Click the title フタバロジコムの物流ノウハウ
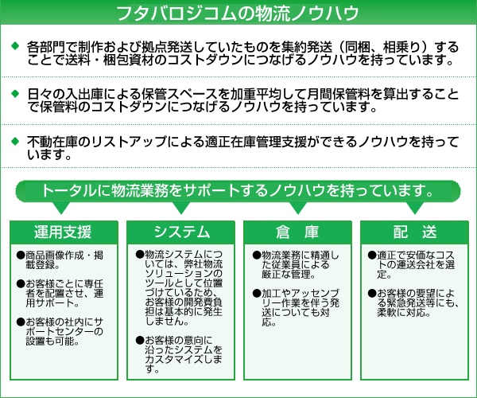(x=238, y=13)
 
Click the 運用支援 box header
(x=64, y=232)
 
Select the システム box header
(x=181, y=232)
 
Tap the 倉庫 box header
(x=298, y=232)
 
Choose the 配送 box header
(x=415, y=232)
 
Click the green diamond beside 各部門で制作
(x=15, y=46)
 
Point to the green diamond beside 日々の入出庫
(x=15, y=93)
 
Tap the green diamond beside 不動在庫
(x=15, y=141)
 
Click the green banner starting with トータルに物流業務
(x=238, y=191)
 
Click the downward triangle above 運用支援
(x=61, y=208)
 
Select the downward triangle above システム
(x=181, y=208)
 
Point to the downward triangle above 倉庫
(x=298, y=208)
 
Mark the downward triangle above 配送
(x=415, y=208)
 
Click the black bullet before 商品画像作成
(x=21, y=256)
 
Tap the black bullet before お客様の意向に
(x=140, y=340)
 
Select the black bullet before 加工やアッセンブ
(x=257, y=293)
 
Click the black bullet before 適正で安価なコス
(x=372, y=256)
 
